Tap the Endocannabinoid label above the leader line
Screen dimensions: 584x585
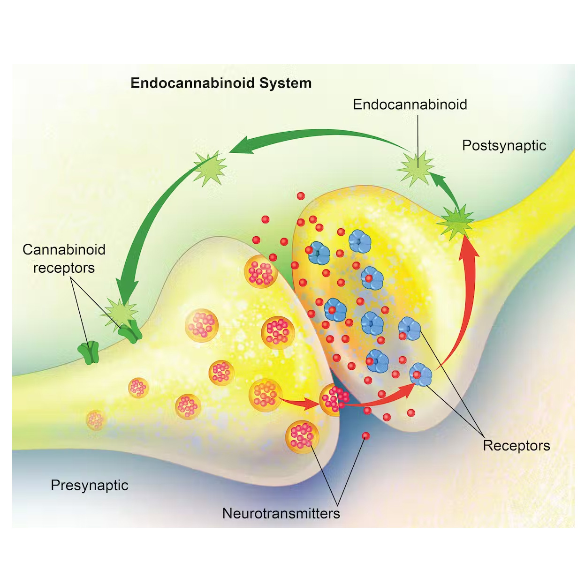410,104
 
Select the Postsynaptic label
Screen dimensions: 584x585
504,145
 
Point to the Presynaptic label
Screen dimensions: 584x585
89,485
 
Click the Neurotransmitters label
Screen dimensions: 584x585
281,513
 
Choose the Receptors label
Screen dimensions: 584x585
516,445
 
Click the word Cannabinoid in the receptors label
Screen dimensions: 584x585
64,249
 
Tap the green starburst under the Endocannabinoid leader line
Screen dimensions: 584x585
416,168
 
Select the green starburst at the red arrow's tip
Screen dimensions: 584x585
456,222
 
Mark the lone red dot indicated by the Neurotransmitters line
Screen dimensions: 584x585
366,436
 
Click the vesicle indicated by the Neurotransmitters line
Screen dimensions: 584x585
302,436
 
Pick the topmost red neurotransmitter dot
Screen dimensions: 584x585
301,196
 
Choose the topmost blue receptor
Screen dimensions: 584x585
360,241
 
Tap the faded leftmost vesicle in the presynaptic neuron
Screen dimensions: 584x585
96,420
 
